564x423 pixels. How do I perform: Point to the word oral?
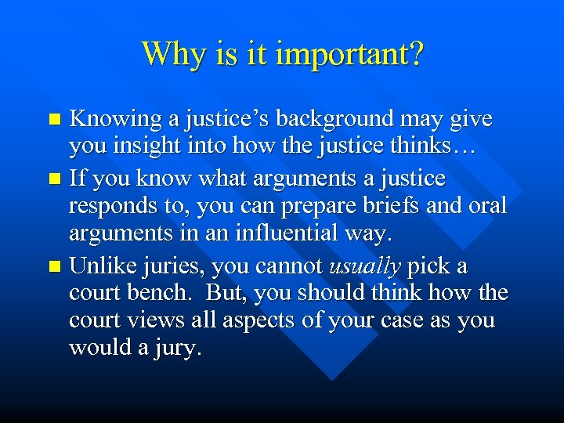[x=487, y=207]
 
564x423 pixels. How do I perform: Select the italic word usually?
[x=366, y=266]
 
